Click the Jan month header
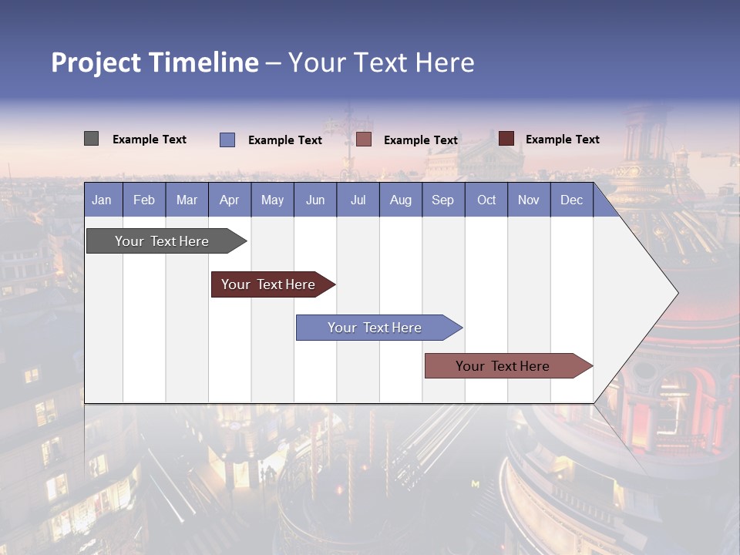(x=102, y=200)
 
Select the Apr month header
(x=230, y=200)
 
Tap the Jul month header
(x=358, y=200)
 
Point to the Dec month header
(x=571, y=200)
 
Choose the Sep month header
(x=442, y=200)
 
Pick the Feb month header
(x=144, y=200)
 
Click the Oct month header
(x=486, y=200)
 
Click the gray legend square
(x=91, y=139)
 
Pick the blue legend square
(x=227, y=140)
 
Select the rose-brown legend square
(x=364, y=140)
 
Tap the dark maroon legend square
(x=506, y=139)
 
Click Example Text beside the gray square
(x=150, y=140)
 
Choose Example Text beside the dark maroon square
(x=563, y=140)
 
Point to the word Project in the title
(x=96, y=62)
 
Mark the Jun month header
(x=315, y=200)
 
